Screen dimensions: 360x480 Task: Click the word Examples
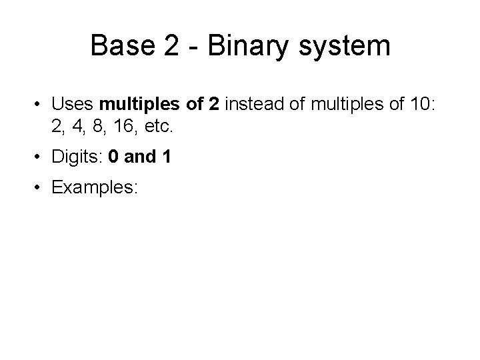tap(94, 189)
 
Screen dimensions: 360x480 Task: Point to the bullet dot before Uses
tap(39, 105)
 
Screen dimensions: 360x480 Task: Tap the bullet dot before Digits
tap(39, 157)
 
